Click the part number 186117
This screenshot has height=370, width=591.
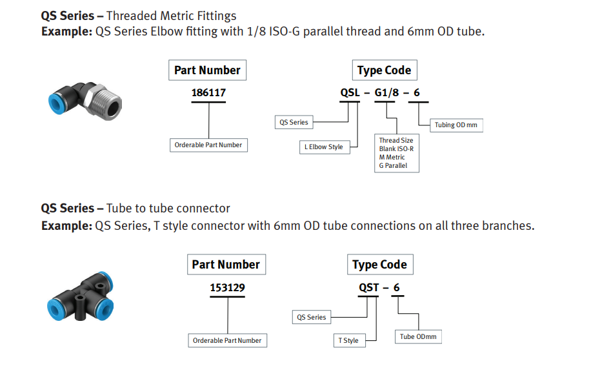click(x=208, y=92)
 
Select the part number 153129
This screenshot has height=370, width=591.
click(x=227, y=287)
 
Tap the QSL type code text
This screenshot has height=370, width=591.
click(x=350, y=92)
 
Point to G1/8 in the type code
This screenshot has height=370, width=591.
click(x=386, y=92)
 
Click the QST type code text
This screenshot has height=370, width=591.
click(x=368, y=287)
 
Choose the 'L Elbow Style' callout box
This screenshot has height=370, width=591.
click(x=325, y=147)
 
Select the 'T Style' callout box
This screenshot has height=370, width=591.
click(x=349, y=340)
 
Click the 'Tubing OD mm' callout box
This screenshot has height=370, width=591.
click(x=456, y=125)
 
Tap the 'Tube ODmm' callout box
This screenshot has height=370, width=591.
click(x=418, y=336)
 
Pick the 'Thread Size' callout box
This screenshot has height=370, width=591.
click(x=397, y=153)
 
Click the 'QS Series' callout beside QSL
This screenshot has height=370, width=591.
click(x=294, y=122)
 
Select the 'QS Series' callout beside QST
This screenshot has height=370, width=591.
click(x=312, y=317)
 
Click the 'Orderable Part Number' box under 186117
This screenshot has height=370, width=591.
click(x=208, y=145)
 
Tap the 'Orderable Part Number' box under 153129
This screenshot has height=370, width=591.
click(x=227, y=340)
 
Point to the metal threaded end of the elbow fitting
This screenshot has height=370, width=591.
click(x=105, y=102)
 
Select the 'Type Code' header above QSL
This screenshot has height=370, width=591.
click(x=385, y=70)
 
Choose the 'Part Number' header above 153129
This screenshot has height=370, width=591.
click(x=226, y=264)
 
